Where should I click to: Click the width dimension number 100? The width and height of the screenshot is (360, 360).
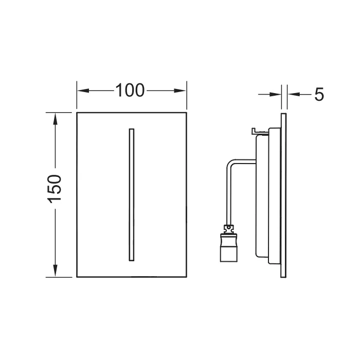point(130,91)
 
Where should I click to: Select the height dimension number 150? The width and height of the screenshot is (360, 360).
point(55,189)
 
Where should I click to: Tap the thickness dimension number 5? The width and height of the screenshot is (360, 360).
point(319,94)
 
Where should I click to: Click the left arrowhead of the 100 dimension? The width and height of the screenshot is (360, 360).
point(83,91)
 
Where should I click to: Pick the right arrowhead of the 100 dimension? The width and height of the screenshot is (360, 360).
point(180,91)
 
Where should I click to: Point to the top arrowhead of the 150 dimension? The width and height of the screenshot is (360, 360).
point(55,119)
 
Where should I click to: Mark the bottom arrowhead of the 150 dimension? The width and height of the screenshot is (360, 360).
point(55,271)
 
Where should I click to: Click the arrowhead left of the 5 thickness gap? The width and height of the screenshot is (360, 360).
point(276,94)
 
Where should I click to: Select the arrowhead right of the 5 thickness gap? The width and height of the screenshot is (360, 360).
point(294,94)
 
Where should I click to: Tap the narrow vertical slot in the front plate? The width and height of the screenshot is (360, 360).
point(132,195)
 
